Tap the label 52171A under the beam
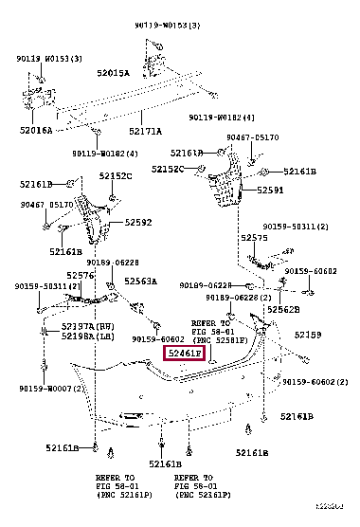pos(145,131)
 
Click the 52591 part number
pos(271,191)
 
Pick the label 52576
pos(80,276)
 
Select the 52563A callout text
pos(140,282)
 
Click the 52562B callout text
pos(281,309)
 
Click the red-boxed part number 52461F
pos(185,354)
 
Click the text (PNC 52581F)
pos(219,339)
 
